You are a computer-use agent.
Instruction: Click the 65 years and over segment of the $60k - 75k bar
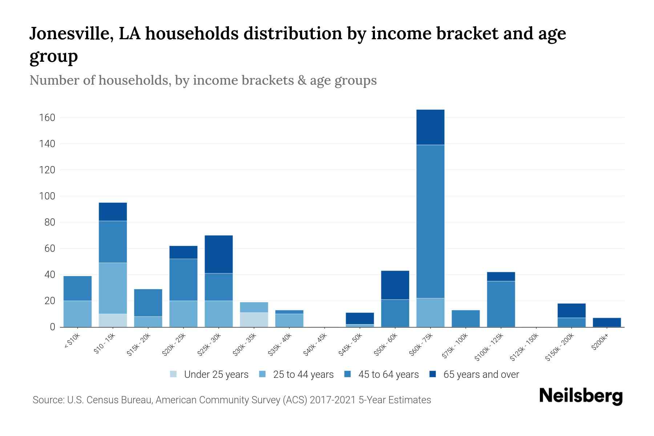click(x=430, y=127)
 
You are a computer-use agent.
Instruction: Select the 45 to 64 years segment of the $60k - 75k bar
click(x=430, y=222)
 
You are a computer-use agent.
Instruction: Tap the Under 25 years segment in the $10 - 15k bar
click(x=113, y=320)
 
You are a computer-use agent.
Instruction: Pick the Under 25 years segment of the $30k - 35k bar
click(x=254, y=320)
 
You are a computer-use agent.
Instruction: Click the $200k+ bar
click(x=607, y=322)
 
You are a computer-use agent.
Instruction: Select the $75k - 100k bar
click(x=465, y=319)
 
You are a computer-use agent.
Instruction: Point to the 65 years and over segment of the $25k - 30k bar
click(x=219, y=254)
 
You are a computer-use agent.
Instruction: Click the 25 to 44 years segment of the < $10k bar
click(x=77, y=314)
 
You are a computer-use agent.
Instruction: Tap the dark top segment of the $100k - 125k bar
click(x=501, y=276)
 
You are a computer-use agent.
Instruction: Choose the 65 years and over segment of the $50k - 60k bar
click(x=395, y=285)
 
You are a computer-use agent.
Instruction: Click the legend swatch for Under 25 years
click(x=174, y=374)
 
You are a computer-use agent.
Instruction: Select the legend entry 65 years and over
click(x=481, y=375)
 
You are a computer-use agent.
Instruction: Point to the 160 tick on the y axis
click(x=47, y=118)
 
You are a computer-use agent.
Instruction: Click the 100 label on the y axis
click(x=47, y=196)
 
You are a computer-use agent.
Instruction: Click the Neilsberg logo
click(x=581, y=396)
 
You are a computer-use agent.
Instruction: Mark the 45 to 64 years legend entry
click(x=388, y=375)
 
